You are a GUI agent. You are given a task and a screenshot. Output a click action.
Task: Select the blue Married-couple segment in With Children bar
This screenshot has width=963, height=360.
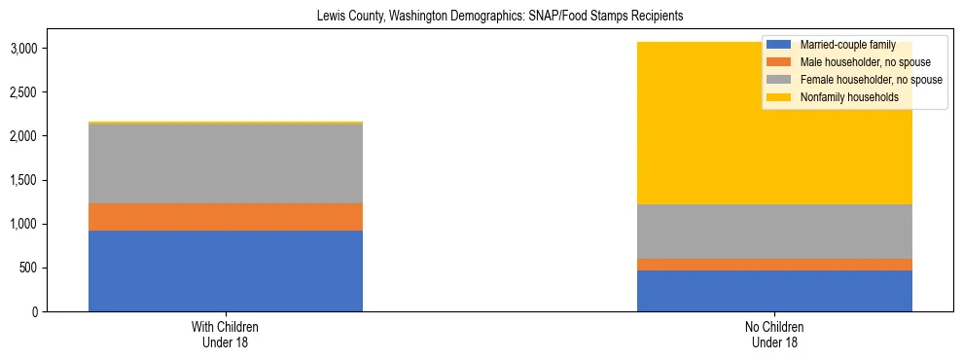226,270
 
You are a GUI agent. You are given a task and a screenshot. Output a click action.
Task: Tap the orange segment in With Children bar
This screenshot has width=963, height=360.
226,217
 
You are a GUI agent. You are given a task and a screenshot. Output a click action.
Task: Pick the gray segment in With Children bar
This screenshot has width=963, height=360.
226,163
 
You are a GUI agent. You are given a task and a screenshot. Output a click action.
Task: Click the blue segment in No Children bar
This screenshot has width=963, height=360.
774,291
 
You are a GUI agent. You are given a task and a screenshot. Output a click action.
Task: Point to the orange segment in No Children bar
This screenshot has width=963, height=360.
774,265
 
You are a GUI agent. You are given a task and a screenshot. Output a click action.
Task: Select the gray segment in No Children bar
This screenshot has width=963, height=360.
774,232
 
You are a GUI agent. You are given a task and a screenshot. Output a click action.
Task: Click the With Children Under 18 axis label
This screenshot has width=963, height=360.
226,335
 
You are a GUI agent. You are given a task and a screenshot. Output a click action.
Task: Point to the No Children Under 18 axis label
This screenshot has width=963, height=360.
774,335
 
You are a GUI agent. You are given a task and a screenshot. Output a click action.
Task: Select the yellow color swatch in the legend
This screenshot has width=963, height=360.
779,97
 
